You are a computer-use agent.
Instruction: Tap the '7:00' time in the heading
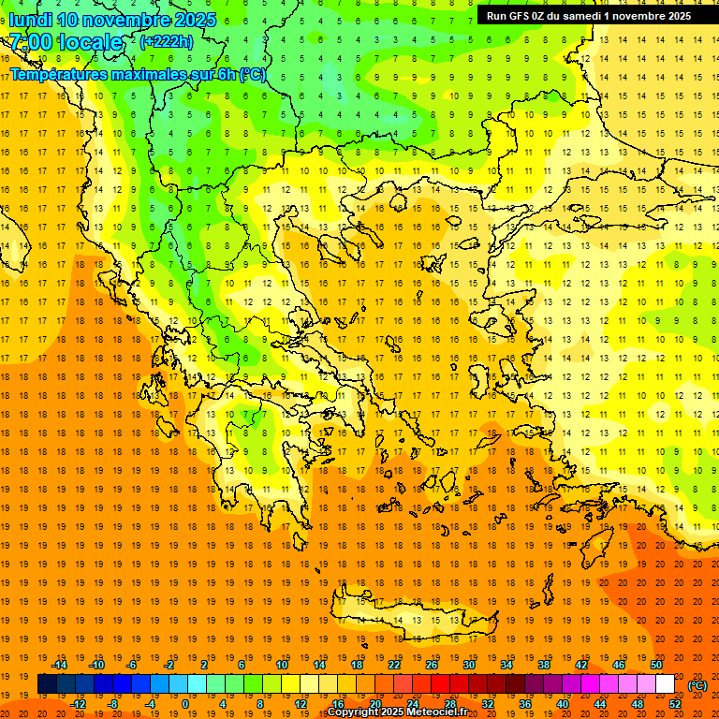pos(31,42)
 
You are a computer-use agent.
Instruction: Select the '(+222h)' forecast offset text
pos(167,41)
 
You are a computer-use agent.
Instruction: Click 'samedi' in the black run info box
pos(583,15)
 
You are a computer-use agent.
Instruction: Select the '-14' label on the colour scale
pos(60,665)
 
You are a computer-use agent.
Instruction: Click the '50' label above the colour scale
pos(655,665)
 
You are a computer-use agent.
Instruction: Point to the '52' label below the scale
pos(675,704)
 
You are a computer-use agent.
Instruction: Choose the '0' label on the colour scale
pos(185,704)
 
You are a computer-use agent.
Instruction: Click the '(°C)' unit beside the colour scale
pos(697,685)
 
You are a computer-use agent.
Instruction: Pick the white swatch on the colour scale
pos(665,684)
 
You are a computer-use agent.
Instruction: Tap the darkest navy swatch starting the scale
pos(47,684)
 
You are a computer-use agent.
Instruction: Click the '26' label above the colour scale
pos(431,665)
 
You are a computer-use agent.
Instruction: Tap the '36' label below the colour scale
pos(525,704)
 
